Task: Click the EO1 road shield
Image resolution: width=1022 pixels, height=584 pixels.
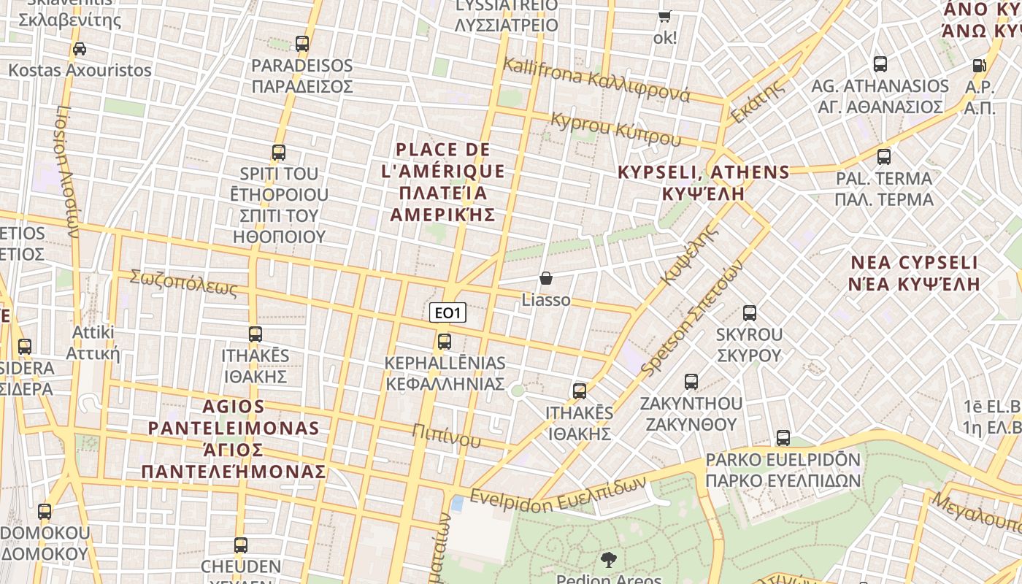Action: point(447,313)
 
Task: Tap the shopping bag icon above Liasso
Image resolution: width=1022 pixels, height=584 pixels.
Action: point(546,278)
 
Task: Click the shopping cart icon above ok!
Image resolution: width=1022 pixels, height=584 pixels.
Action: point(664,16)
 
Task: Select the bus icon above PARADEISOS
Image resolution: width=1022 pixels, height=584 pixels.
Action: point(302,44)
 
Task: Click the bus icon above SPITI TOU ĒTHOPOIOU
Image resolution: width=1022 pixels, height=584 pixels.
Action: point(279,153)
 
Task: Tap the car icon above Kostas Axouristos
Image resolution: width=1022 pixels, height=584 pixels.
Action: point(80,49)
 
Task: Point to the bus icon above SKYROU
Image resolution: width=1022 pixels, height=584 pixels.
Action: point(749,313)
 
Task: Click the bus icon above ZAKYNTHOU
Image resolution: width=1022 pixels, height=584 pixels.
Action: point(691,381)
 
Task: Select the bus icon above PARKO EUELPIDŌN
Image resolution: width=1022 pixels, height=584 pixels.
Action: point(783,438)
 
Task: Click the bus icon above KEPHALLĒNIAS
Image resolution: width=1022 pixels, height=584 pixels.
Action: point(444,341)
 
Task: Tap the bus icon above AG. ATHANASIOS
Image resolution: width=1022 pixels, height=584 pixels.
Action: point(880,64)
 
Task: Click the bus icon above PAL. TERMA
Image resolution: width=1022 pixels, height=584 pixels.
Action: point(884,156)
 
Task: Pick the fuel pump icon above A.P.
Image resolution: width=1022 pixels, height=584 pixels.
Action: point(979,66)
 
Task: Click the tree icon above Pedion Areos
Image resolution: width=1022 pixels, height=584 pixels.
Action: point(607,560)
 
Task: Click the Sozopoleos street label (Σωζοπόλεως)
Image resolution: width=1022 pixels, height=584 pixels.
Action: point(184,283)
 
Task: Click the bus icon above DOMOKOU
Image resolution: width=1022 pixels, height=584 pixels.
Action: point(45,512)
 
